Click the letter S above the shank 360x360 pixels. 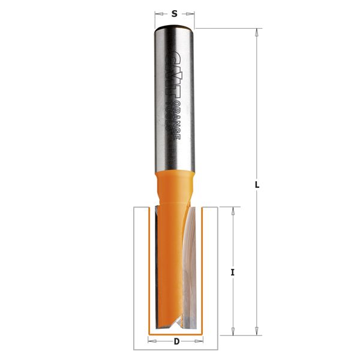point(175,13)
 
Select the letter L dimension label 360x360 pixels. point(257,185)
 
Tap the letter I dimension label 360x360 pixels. point(232,272)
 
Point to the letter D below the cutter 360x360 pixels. point(176,342)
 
